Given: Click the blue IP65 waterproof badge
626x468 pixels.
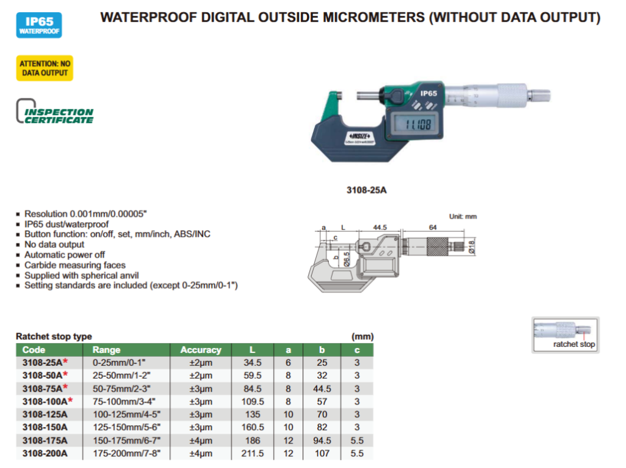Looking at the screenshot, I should [x=39, y=26].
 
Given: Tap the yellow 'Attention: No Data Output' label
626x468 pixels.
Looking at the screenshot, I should [x=45, y=69].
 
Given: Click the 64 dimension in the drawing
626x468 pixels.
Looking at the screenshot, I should [x=433, y=228].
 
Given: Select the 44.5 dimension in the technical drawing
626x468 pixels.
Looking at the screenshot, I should [x=380, y=228].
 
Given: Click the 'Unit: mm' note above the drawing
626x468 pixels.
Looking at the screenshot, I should [x=462, y=217].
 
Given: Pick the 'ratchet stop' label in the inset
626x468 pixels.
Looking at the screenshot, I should [x=573, y=344].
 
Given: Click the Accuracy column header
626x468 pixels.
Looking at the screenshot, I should [x=201, y=350].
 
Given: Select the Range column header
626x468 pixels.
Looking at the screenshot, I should [x=106, y=350].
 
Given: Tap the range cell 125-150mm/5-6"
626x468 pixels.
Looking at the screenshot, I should [x=122, y=427].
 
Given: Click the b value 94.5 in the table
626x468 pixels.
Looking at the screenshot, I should [x=322, y=440].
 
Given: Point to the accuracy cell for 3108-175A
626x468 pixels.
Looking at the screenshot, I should [x=201, y=440].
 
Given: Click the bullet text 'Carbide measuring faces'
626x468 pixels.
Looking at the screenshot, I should [x=75, y=265].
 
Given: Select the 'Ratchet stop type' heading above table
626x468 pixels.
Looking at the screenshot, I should [x=54, y=336].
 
